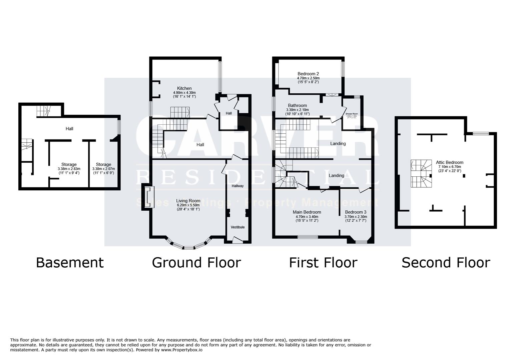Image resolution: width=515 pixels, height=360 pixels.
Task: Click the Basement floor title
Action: pyautogui.click(x=70, y=262)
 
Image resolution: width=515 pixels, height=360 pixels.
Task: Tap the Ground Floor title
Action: pyautogui.click(x=196, y=262)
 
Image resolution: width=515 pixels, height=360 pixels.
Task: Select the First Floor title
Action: pyautogui.click(x=323, y=262)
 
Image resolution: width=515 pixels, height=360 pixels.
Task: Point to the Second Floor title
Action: pyautogui.click(x=446, y=262)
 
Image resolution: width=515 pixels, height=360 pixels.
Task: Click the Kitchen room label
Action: pyautogui.click(x=184, y=88)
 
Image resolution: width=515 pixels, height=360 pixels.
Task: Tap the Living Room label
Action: pyautogui.click(x=188, y=201)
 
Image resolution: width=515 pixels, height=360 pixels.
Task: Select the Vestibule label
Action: pyautogui.click(x=238, y=227)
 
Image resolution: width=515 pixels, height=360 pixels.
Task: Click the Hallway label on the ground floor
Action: pyautogui.click(x=238, y=186)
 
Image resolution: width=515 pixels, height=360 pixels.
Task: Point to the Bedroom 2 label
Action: pyautogui.click(x=308, y=74)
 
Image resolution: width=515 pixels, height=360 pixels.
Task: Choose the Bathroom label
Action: pyautogui.click(x=297, y=105)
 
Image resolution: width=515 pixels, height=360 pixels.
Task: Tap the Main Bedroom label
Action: pyautogui.click(x=307, y=212)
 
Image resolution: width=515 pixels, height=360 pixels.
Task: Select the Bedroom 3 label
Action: pyautogui.click(x=356, y=212)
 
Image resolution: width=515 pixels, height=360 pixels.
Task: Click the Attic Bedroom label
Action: pyautogui.click(x=450, y=162)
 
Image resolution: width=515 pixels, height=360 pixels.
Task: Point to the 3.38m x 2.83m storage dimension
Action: pyautogui.click(x=69, y=169)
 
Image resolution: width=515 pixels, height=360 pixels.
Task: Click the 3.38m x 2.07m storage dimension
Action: pyautogui.click(x=103, y=169)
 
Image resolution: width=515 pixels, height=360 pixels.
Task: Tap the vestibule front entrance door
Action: pyautogui.click(x=237, y=239)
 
